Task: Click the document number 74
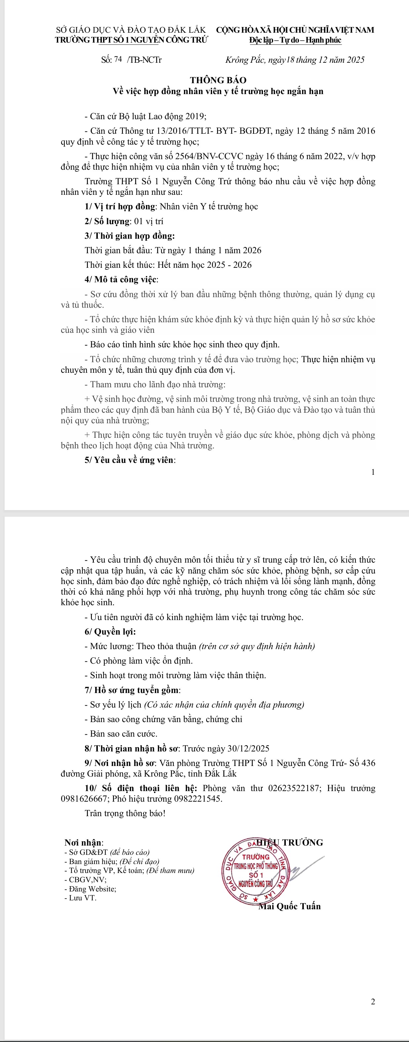coord(118,59)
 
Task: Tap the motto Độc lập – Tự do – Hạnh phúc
coord(295,40)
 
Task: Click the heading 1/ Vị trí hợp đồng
coord(120,207)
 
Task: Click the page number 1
coord(373,472)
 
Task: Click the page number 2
coord(373,1001)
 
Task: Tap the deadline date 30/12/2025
coord(248,749)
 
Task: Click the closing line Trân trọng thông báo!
coord(125,814)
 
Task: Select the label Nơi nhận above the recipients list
coord(84,843)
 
